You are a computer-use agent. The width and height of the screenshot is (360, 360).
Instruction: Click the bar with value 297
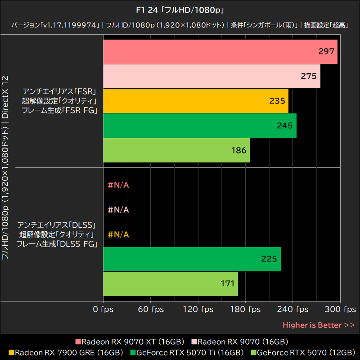click(220, 52)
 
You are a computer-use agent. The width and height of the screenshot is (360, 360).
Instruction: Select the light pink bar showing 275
click(211, 76)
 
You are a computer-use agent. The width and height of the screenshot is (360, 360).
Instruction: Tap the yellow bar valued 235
click(196, 101)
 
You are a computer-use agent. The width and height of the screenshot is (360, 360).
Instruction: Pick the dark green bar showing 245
click(200, 126)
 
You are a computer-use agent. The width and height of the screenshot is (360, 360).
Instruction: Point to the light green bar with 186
click(176, 150)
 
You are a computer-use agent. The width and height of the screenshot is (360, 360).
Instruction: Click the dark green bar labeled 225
click(192, 259)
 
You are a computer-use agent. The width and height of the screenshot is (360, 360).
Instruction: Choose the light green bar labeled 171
click(171, 283)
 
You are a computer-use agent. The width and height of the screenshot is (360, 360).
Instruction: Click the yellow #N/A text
click(118, 234)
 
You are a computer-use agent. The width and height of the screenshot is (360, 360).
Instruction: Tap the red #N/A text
click(118, 185)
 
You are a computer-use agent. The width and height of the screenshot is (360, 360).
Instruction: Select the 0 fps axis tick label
click(103, 310)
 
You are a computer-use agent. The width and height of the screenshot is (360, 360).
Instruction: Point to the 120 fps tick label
click(198, 310)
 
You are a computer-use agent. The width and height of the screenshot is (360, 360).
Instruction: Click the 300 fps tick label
click(340, 310)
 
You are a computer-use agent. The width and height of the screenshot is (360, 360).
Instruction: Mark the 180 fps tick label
click(245, 310)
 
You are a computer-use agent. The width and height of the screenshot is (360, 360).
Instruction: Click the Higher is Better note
click(319, 325)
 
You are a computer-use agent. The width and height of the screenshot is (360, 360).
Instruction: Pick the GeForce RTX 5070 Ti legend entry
click(189, 352)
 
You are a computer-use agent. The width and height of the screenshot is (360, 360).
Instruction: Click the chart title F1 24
click(180, 9)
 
